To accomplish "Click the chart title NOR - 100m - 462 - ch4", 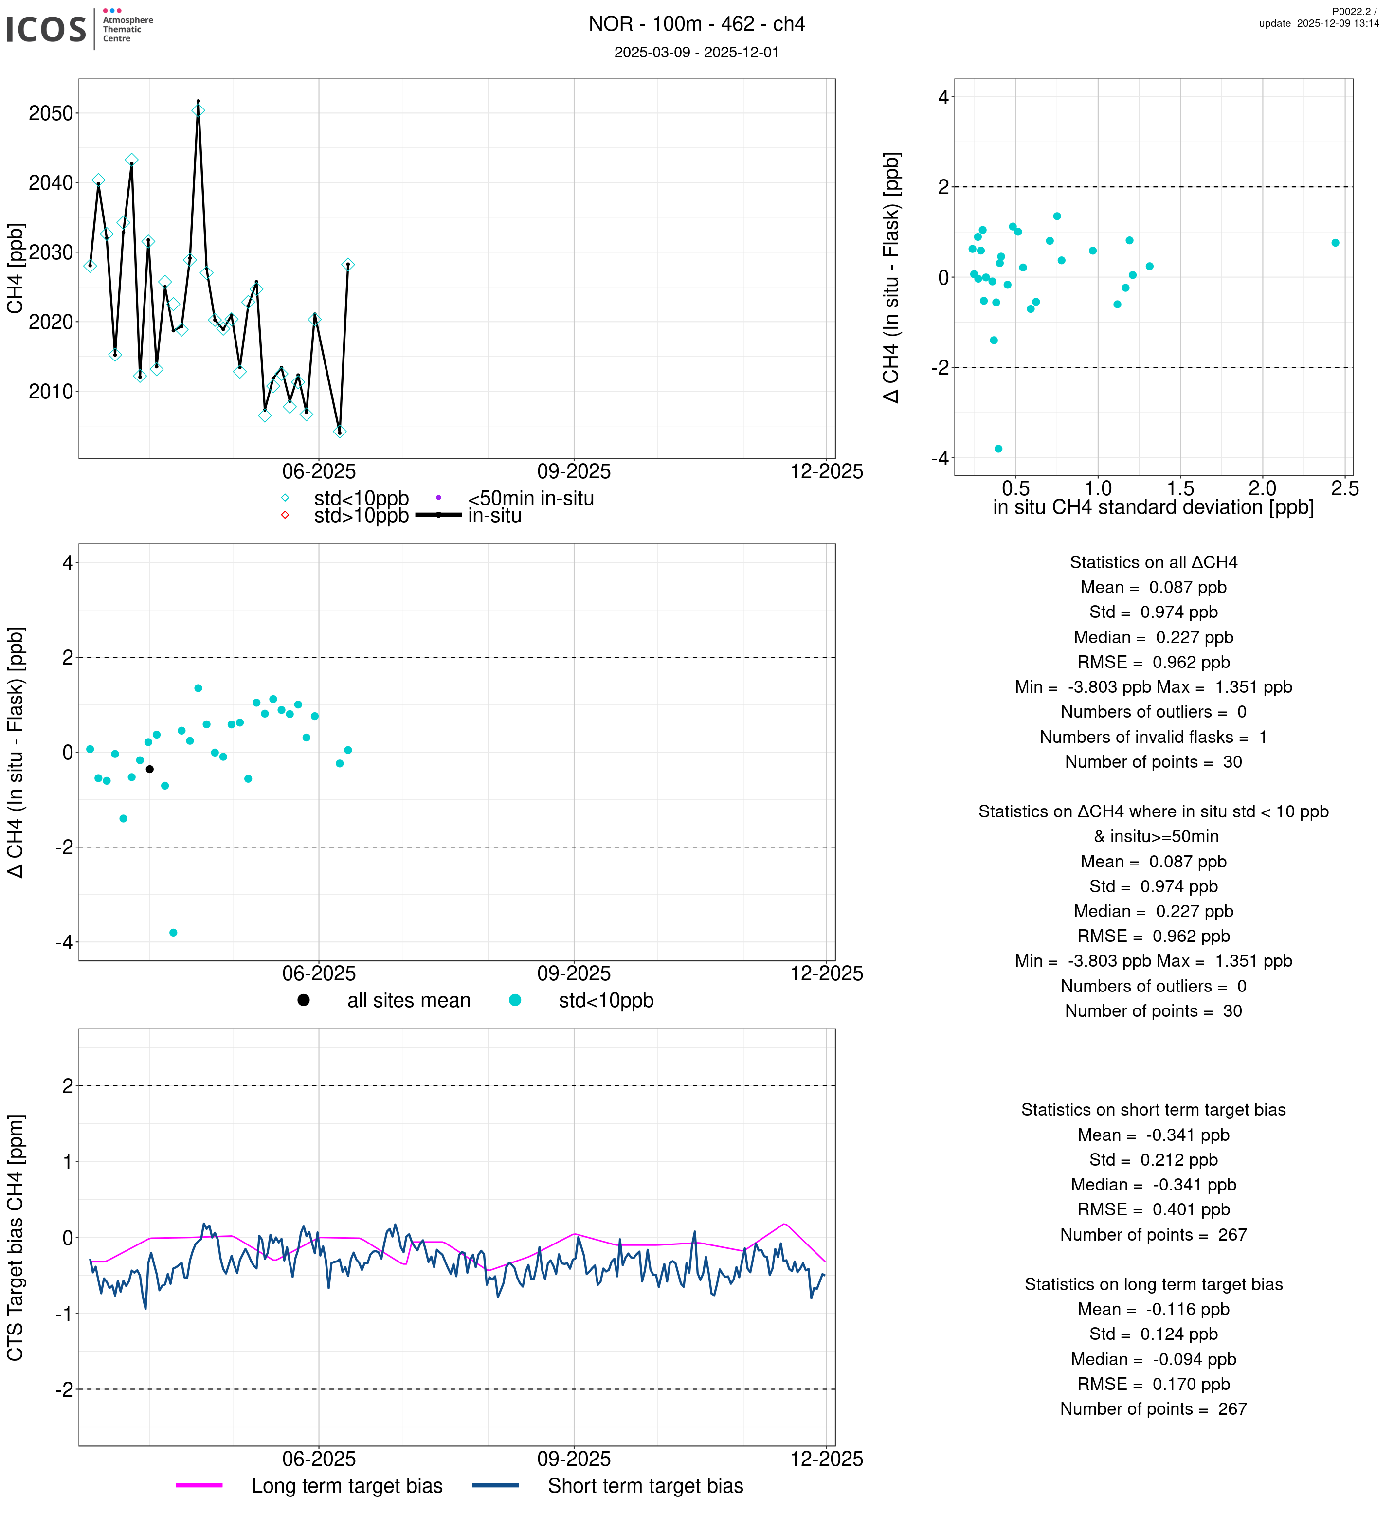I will point(696,24).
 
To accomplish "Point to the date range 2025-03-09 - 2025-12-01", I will point(696,52).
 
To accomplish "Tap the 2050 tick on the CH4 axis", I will point(51,113).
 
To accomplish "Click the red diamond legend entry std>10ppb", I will point(285,515).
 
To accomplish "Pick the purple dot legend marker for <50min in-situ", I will point(438,498).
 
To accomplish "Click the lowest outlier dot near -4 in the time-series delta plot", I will point(174,933).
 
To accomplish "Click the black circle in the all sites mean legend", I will point(303,1000).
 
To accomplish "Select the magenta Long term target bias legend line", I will point(199,1485).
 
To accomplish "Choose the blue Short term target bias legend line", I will point(496,1485).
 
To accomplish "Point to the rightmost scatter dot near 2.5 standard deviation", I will point(1335,243).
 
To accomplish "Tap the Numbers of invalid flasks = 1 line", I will point(1153,737).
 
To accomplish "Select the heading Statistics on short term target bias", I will point(1153,1110).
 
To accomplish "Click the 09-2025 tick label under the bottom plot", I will point(573,1458).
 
